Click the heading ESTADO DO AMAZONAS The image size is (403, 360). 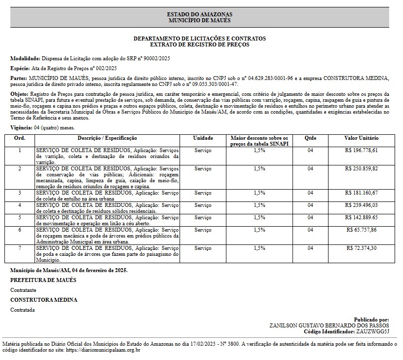click(x=199, y=14)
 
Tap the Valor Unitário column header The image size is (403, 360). click(x=362, y=138)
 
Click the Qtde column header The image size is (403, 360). click(x=310, y=138)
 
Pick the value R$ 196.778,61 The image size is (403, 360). click(x=362, y=150)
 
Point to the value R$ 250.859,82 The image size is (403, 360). click(x=362, y=169)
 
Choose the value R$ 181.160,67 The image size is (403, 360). click(x=362, y=193)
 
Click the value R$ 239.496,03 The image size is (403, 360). click(x=362, y=205)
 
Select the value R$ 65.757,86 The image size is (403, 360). click(x=362, y=230)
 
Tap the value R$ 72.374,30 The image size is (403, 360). click(x=362, y=248)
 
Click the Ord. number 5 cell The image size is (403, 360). click(x=20, y=217)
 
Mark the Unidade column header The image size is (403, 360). click(x=203, y=138)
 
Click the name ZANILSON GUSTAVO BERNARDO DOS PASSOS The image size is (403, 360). click(x=329, y=325)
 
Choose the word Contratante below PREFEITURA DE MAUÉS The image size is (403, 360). click(x=23, y=290)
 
